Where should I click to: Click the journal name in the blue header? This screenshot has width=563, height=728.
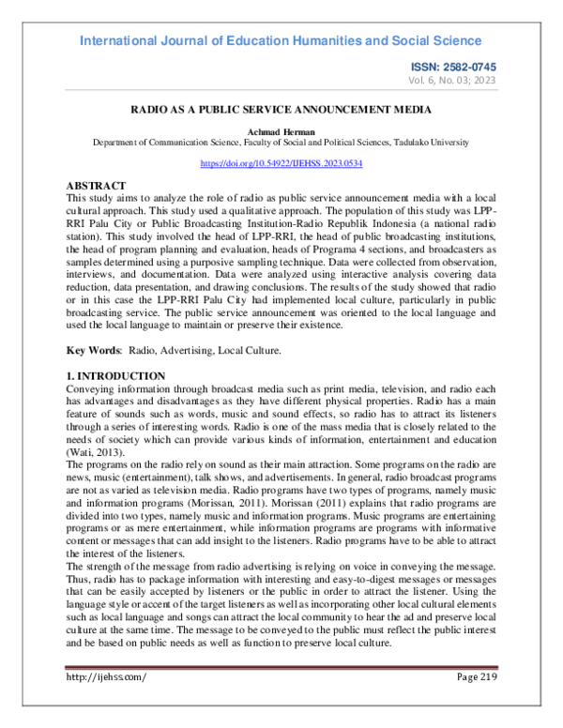[281, 40]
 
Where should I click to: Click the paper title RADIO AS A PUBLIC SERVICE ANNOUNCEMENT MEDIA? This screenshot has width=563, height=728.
[281, 109]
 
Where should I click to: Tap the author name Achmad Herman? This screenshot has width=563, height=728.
[281, 131]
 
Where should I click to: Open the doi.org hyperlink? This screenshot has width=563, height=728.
[281, 163]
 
